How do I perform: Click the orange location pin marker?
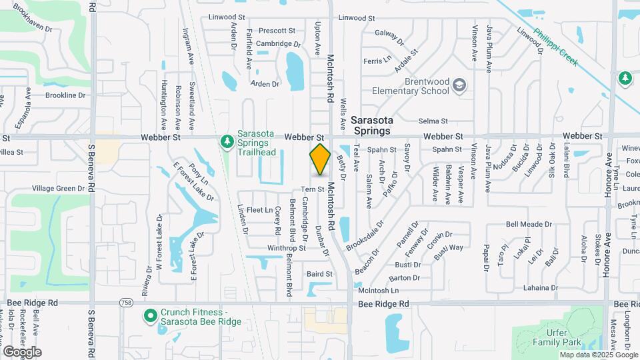321,159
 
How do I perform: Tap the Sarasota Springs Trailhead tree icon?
228,141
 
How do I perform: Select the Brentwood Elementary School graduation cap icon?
459,85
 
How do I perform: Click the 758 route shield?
127,303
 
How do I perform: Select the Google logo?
22,351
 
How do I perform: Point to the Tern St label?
312,189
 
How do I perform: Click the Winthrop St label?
286,248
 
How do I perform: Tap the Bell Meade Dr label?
529,225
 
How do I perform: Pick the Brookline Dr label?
66,95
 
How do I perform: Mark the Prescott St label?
277,31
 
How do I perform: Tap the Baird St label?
319,273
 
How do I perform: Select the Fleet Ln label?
260,210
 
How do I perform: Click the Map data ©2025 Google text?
598,355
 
